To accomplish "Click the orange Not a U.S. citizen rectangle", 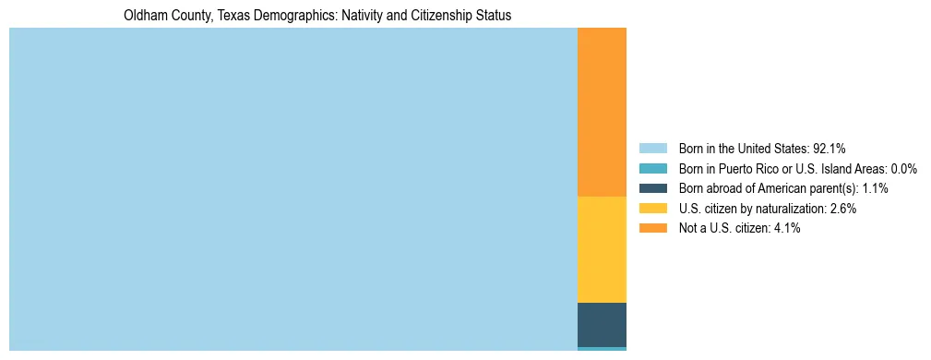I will pos(602,112).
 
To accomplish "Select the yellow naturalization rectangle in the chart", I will pos(602,249).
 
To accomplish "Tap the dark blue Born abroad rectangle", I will pos(602,324).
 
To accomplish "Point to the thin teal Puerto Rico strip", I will pos(602,349).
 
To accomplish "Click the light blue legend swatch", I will pos(652,148).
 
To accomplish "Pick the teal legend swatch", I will pos(652,168).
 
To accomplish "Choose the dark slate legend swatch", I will pos(652,188).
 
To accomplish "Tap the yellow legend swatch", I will pos(652,209).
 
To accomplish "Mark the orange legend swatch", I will pos(652,228).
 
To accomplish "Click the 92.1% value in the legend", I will pos(830,148).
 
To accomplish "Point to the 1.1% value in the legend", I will pos(875,188).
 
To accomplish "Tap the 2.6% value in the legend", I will pos(842,209).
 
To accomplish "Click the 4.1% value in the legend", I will pos(786,228).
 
